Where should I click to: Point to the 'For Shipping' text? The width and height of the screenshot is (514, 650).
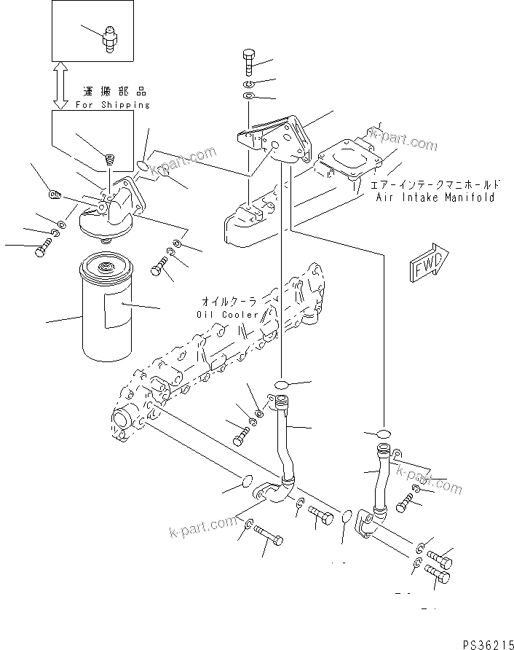coord(113,105)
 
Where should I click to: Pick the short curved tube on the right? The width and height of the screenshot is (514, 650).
coord(378,485)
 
